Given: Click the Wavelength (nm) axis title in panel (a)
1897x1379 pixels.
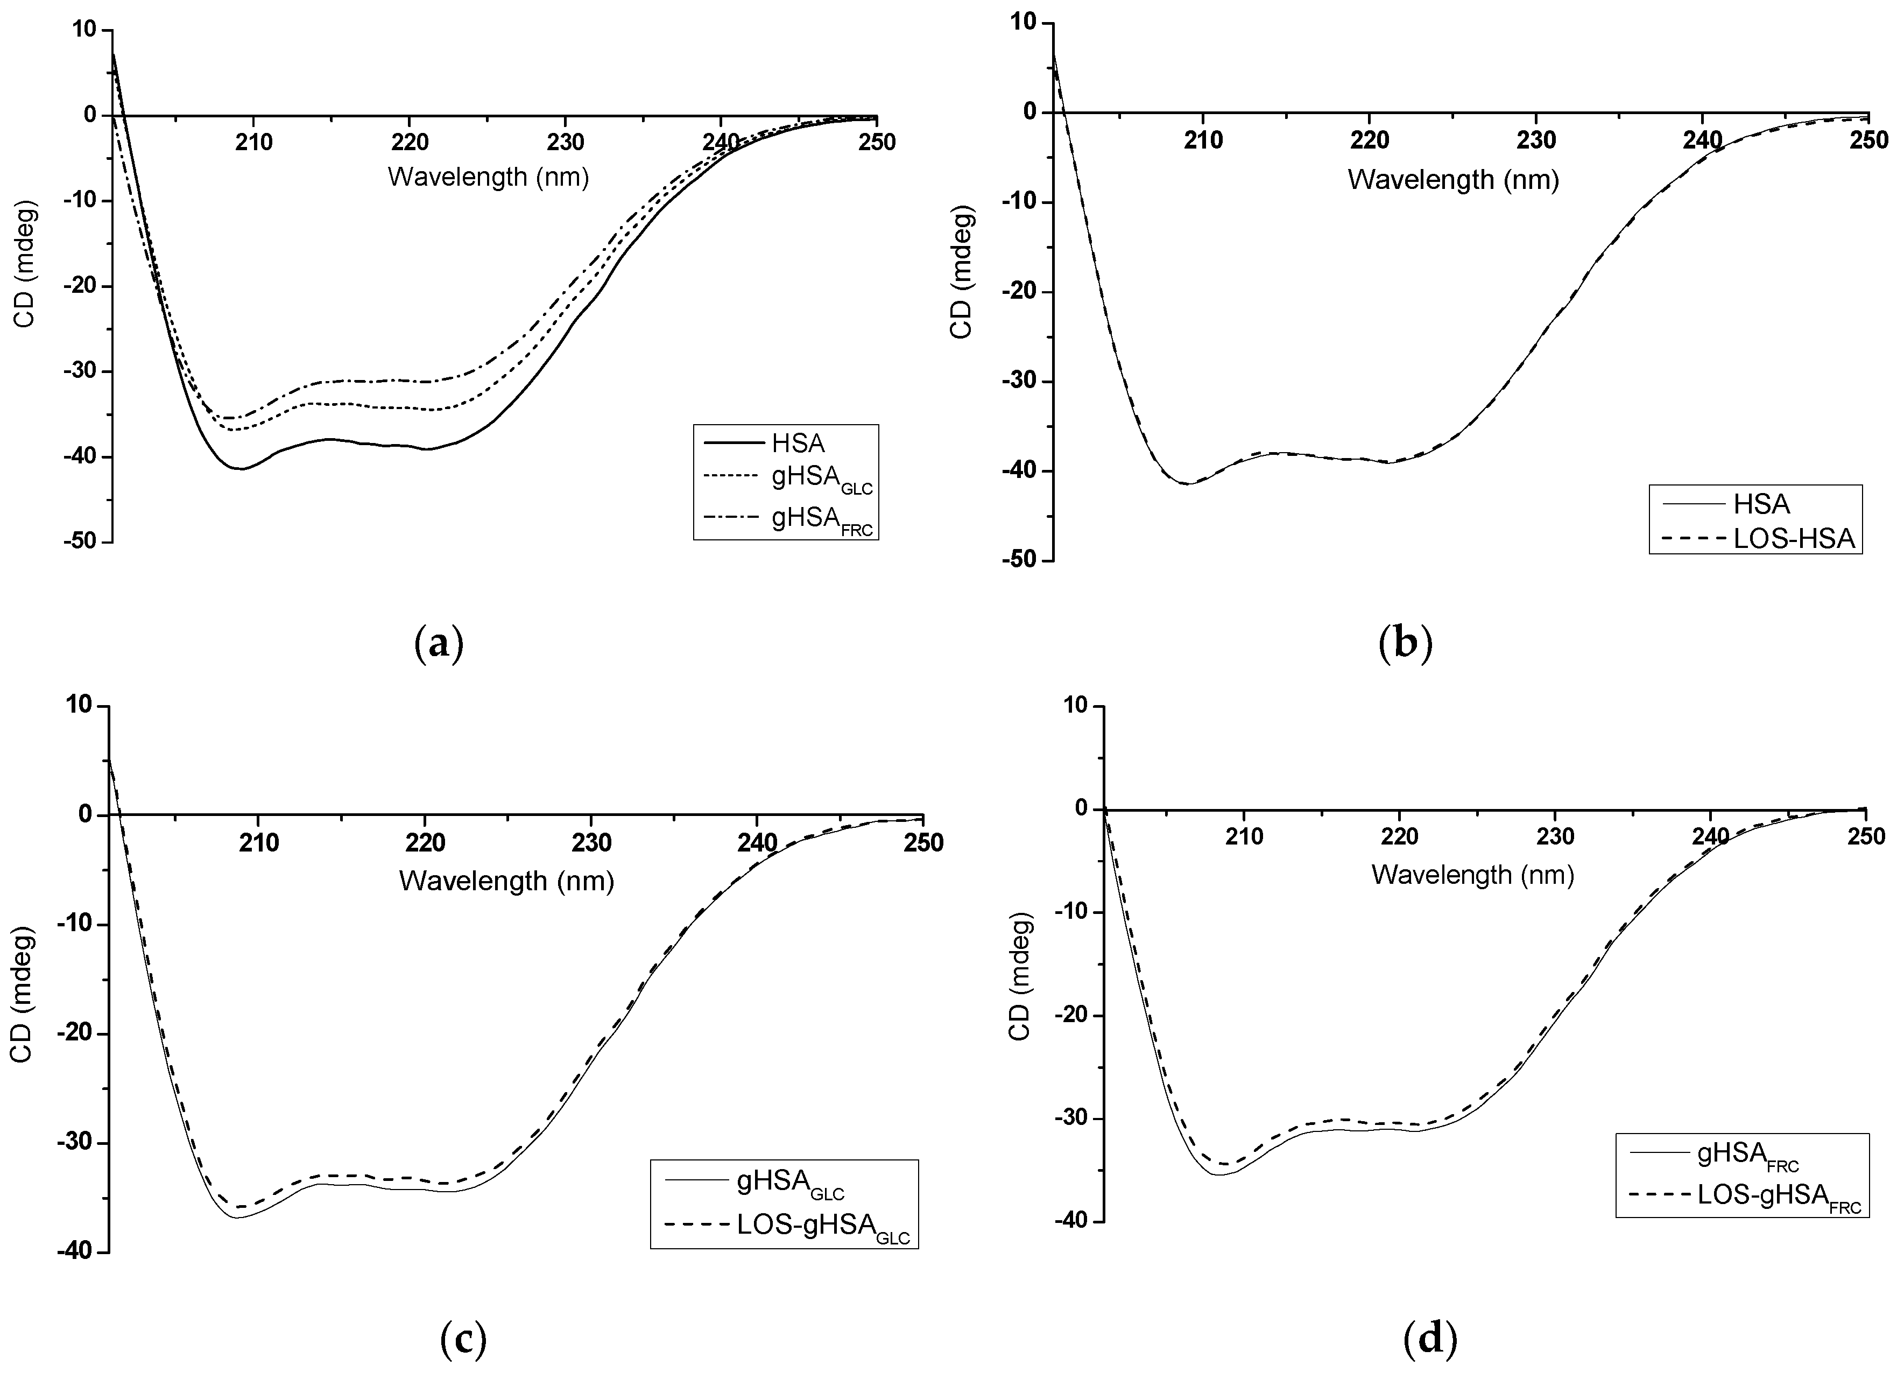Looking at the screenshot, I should tap(489, 177).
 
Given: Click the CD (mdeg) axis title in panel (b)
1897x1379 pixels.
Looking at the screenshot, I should tap(962, 273).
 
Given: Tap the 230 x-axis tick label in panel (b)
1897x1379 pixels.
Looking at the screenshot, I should tap(1536, 140).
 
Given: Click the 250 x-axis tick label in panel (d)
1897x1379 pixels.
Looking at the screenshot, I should tap(1866, 836).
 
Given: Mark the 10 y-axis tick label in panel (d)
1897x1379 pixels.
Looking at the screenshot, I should tap(1078, 706).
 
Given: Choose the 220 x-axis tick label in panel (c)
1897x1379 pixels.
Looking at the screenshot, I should tap(425, 842).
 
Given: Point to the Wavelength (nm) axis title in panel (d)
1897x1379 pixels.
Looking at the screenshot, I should tap(1472, 875).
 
